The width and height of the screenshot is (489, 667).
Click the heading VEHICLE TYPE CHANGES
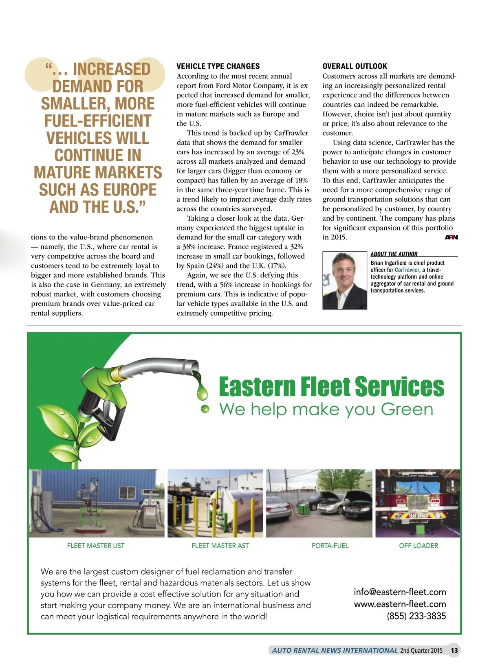pyautogui.click(x=218, y=66)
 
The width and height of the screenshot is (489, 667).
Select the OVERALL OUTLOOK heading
pyautogui.click(x=355, y=66)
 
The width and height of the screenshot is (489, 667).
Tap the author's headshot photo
pyautogui.click(x=345, y=281)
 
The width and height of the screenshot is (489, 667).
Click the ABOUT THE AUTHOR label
pyautogui.click(x=394, y=254)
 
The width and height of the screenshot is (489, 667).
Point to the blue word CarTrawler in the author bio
pyautogui.click(x=407, y=270)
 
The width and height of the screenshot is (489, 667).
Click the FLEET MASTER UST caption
pyautogui.click(x=96, y=546)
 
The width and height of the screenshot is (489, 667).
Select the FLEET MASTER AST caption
pyautogui.click(x=220, y=546)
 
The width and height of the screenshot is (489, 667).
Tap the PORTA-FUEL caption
pyautogui.click(x=330, y=546)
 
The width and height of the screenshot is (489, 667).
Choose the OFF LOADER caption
pyautogui.click(x=419, y=546)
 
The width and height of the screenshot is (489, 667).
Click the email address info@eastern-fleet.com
pyautogui.click(x=400, y=592)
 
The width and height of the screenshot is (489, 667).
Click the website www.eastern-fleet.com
pyautogui.click(x=400, y=604)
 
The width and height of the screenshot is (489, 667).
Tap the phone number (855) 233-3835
pyautogui.click(x=416, y=616)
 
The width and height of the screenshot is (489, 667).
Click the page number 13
pyautogui.click(x=454, y=650)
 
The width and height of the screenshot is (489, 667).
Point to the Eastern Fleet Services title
pyautogui.click(x=331, y=386)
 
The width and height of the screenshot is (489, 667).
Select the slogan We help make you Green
pyautogui.click(x=326, y=409)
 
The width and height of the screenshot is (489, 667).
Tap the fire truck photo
pyautogui.click(x=418, y=503)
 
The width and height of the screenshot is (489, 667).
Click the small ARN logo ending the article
pyautogui.click(x=451, y=237)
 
